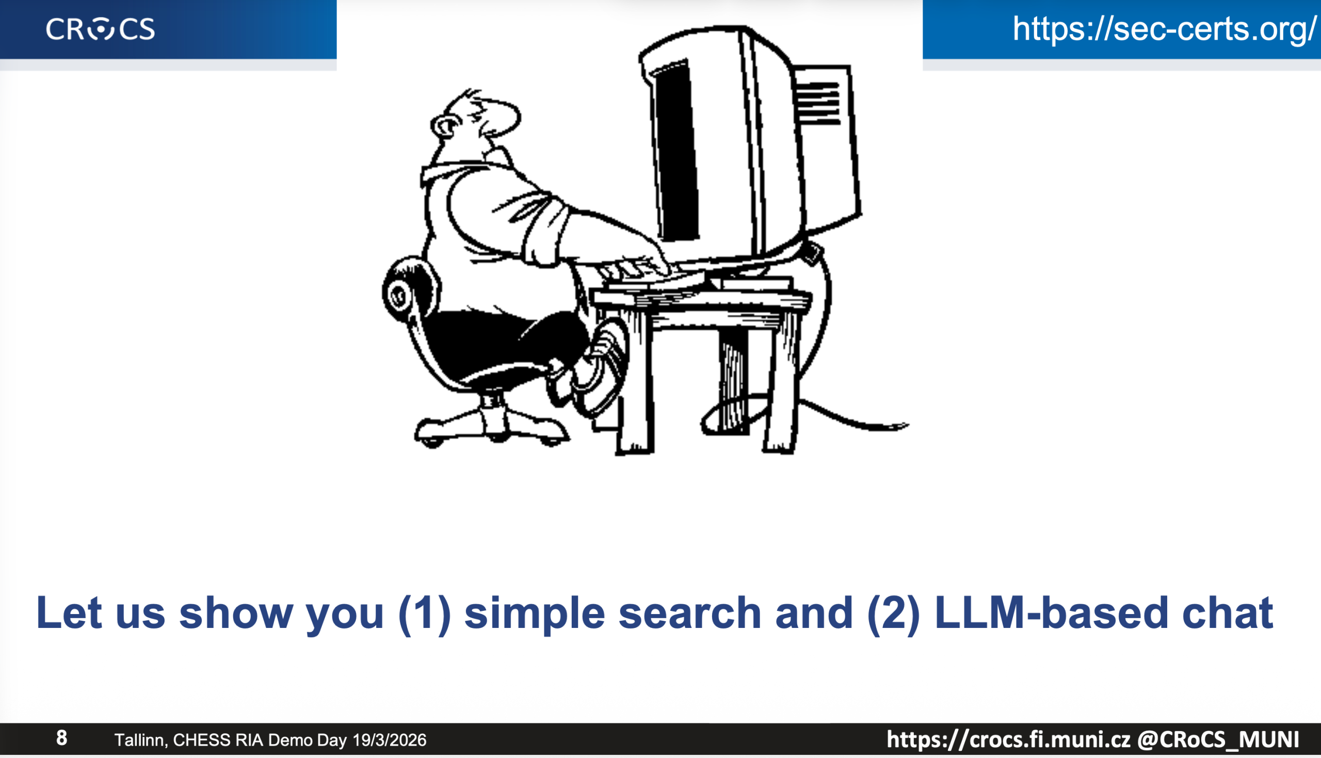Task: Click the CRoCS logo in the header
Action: tap(101, 28)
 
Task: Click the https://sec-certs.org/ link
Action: tap(1164, 28)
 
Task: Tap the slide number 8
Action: tap(61, 738)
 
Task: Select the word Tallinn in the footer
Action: tap(141, 740)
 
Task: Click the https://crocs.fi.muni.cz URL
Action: tap(1009, 739)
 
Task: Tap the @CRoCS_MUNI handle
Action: tap(1217, 739)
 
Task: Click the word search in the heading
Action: tap(690, 613)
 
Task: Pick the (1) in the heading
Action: tap(424, 615)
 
